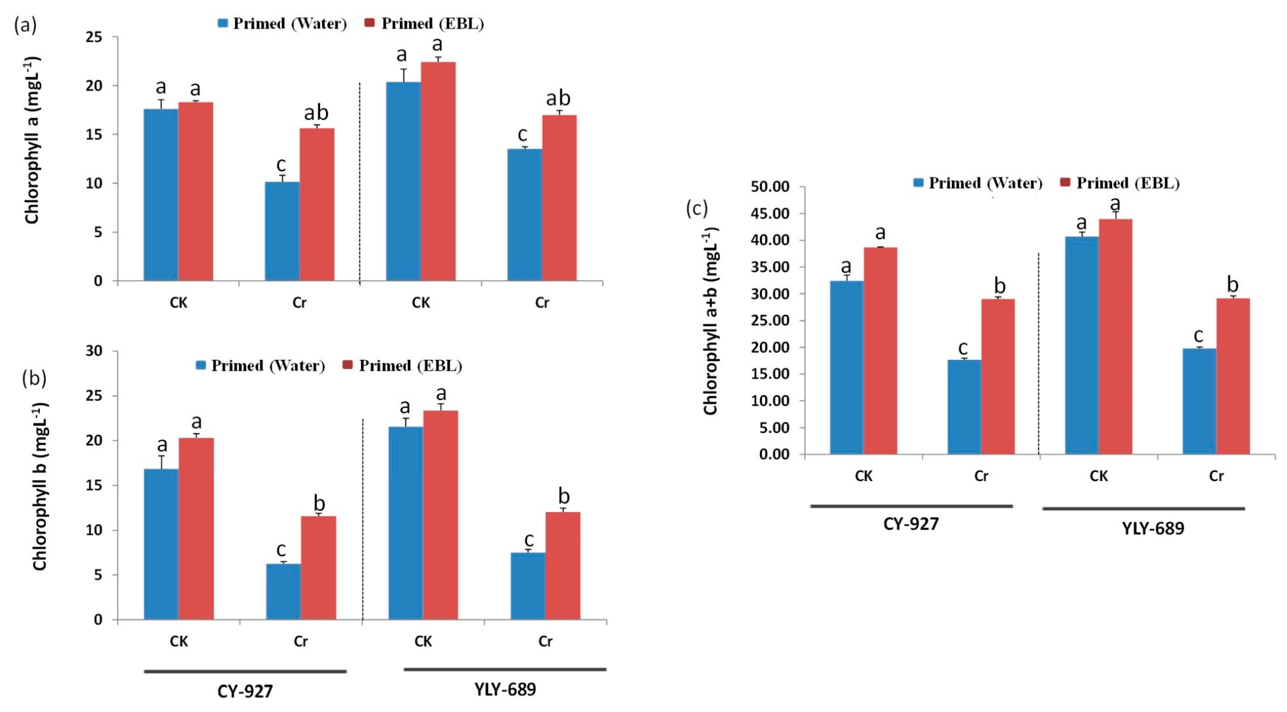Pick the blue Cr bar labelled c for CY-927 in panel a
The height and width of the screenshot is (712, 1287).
282,231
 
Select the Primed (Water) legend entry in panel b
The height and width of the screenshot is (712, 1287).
260,366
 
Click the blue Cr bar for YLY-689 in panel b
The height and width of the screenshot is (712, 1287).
528,586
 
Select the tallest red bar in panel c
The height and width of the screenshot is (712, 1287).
1115,336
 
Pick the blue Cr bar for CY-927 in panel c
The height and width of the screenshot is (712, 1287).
964,407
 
